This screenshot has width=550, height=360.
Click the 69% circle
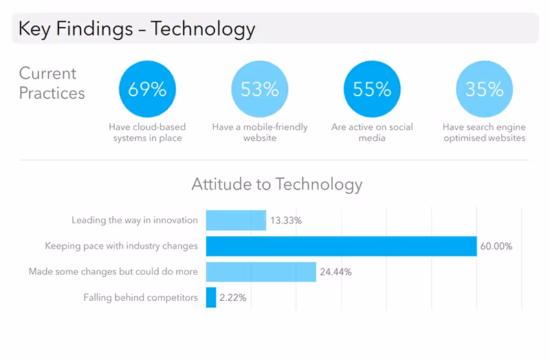147,89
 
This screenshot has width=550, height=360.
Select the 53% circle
260,89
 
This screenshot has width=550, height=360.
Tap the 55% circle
372,89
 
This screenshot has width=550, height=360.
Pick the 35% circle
484,89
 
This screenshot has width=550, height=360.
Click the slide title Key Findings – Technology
137,30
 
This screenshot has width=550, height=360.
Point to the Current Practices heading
52,83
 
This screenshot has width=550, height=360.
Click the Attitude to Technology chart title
276,184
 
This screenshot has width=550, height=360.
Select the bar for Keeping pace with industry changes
341,246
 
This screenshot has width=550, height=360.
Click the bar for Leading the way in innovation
236,221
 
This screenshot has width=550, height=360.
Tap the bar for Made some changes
261,271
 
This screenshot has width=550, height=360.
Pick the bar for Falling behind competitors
211,297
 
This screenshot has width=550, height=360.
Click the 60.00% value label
497,246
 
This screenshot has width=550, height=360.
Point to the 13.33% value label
286,221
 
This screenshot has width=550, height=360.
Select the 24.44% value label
335,272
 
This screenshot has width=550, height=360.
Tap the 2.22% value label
233,297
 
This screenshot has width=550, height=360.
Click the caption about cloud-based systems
147,133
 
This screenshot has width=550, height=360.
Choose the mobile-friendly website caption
260,133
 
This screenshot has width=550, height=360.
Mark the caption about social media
372,133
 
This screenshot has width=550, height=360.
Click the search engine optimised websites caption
484,133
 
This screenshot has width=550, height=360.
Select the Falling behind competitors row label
141,297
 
